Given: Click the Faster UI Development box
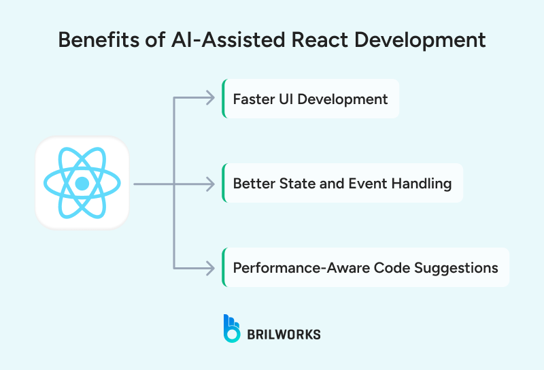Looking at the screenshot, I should pos(311,99).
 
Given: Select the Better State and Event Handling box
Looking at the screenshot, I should pos(343,184).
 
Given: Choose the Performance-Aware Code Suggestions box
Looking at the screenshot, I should pos(366,267).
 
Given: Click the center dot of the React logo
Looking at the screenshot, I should pos(82,184).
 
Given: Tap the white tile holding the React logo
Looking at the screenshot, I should pos(82,183).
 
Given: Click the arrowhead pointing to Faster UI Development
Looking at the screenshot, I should pos(211,99).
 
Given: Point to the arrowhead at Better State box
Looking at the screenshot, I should pos(211,184).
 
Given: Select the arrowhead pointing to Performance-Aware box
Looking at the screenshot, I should pos(211,267).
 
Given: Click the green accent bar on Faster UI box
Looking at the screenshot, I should pos(224,99).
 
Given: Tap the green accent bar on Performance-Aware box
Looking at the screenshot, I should pos(224,267).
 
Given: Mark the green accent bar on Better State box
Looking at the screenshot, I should pos(224,184).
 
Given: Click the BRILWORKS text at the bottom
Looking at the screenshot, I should pos(284,334).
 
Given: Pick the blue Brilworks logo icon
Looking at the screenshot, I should pos(232,328).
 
